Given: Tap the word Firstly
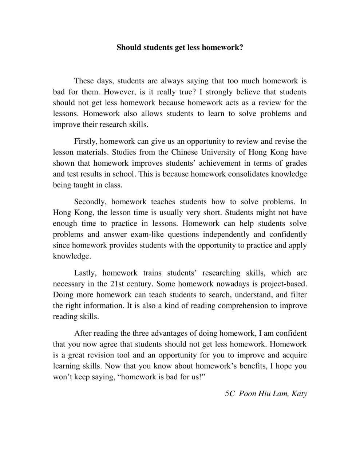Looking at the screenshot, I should (86, 141).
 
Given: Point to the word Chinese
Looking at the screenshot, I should (184, 152).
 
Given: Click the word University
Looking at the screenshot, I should (218, 152).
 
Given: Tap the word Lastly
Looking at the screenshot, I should (85, 273).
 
